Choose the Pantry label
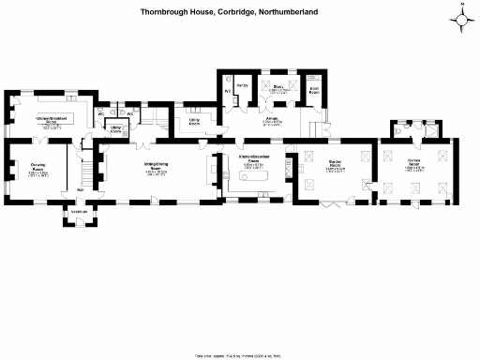pos(242,84)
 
